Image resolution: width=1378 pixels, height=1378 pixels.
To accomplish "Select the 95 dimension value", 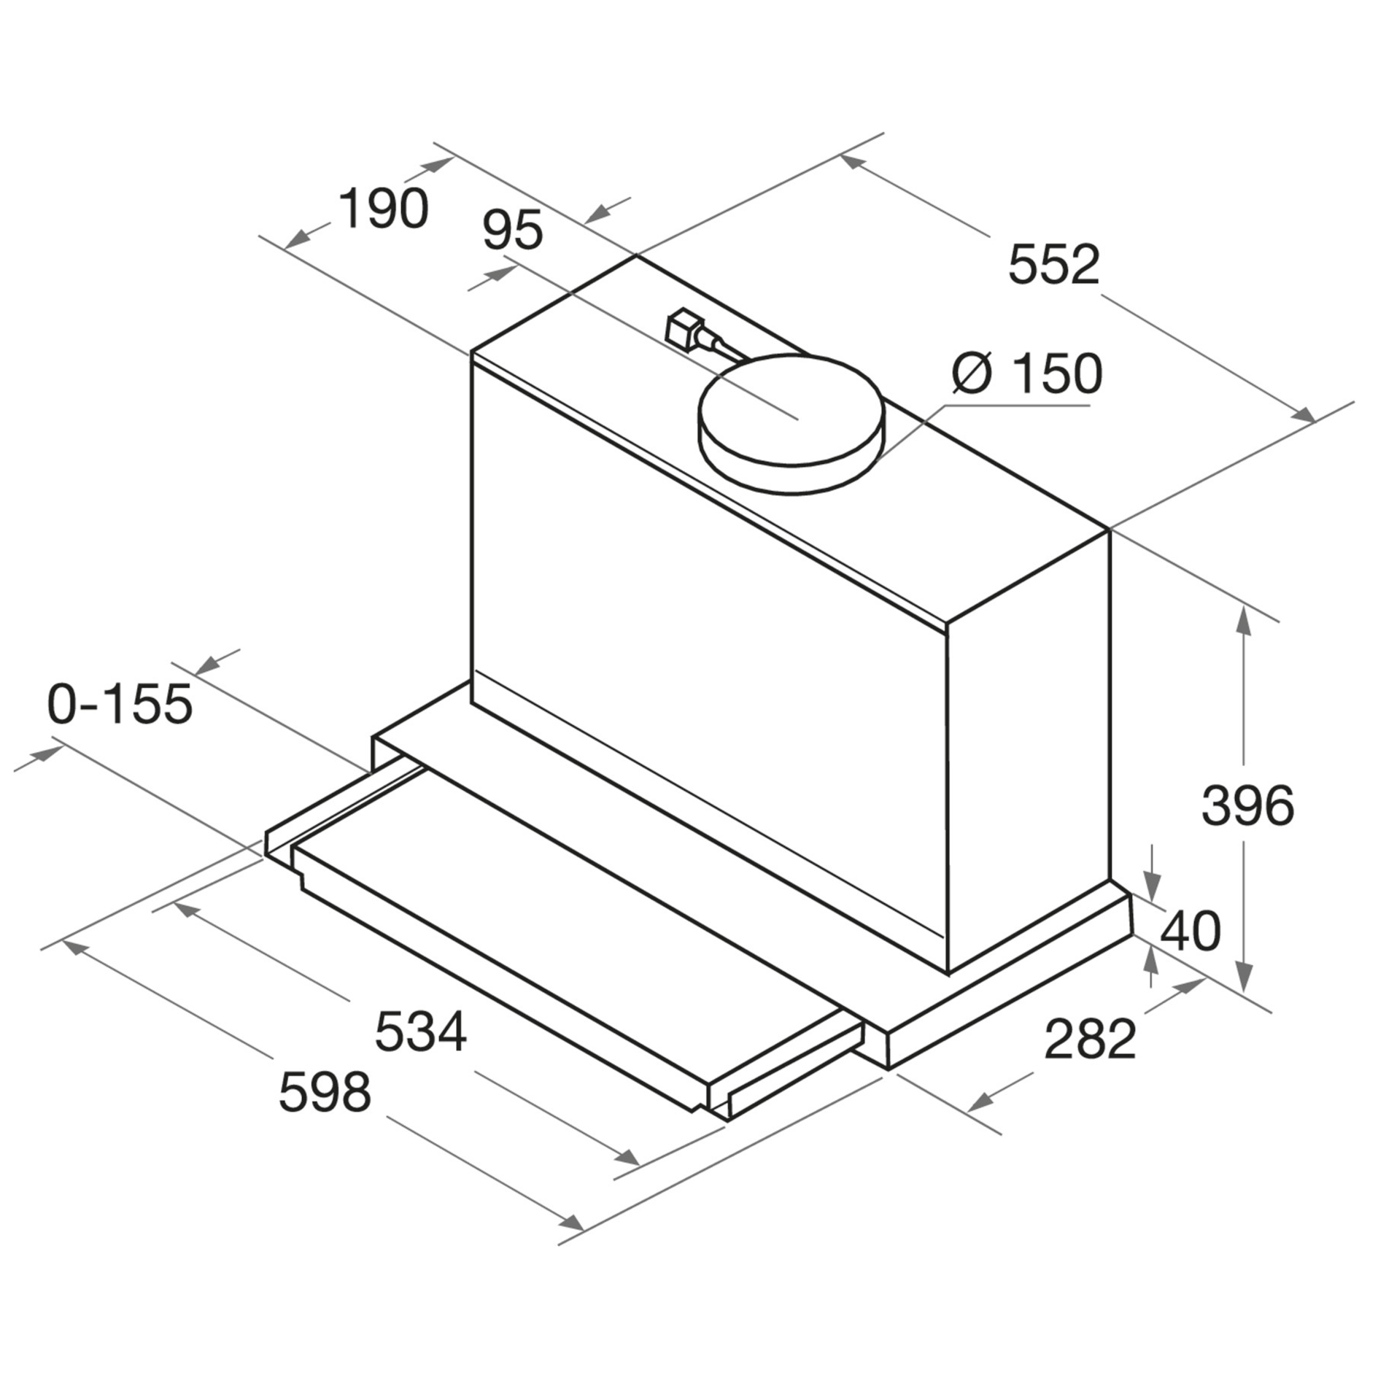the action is point(513,230).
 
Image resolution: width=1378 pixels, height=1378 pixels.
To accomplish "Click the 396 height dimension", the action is point(1247,805).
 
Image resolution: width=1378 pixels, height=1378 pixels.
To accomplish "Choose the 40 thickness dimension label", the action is point(1190,931).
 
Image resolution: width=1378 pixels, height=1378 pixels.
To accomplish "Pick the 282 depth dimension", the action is point(1090,1039).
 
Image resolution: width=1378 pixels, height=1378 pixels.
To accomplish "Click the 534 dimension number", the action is point(420,1031).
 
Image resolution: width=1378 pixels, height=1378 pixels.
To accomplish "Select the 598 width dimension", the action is point(325,1092).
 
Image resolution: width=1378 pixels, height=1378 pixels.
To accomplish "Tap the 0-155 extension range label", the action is point(120,704).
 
